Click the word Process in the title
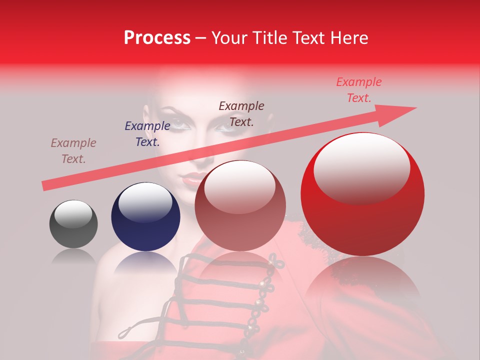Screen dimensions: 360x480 point(157,38)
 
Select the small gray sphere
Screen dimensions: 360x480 point(73,224)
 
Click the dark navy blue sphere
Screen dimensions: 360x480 point(145,217)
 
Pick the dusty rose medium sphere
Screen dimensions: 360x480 point(240,206)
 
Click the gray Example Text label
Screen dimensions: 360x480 point(73,151)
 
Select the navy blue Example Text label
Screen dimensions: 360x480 point(147,134)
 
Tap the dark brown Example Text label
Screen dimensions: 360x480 point(241,113)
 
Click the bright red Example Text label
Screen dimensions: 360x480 point(359,90)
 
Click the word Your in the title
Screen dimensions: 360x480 point(228,38)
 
